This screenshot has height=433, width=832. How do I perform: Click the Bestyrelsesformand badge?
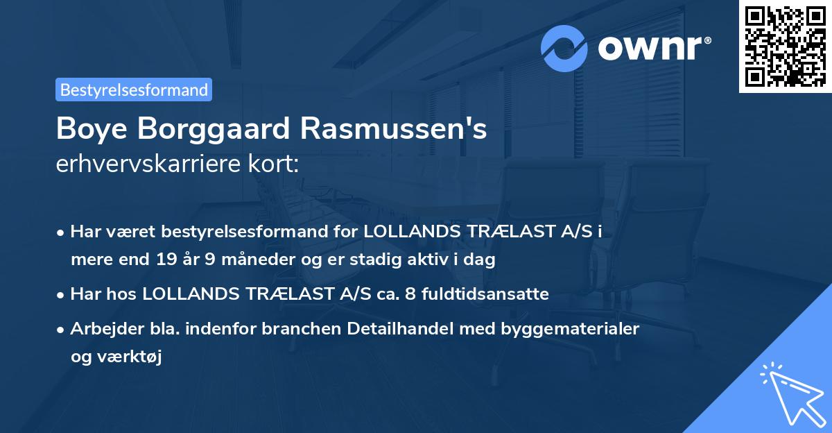(x=134, y=90)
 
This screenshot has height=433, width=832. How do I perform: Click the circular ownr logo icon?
(x=564, y=48)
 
